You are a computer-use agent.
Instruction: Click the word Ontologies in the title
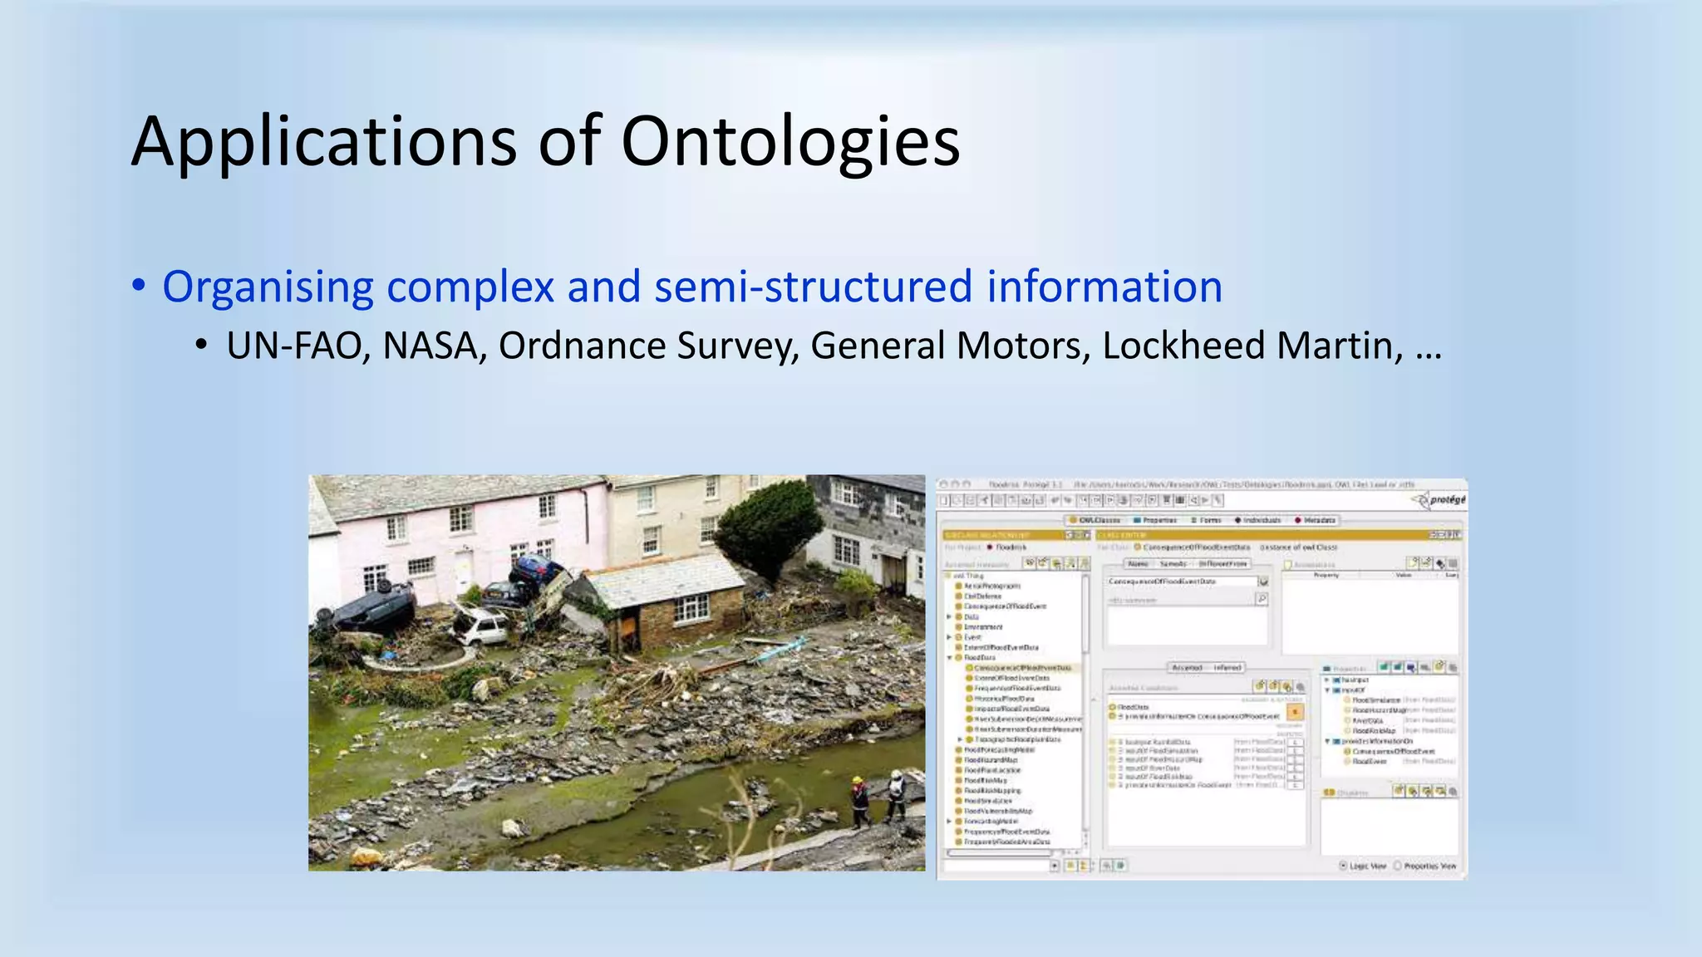tap(790, 141)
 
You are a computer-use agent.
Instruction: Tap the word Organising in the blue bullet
tap(268, 287)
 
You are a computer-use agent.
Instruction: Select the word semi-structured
tap(813, 287)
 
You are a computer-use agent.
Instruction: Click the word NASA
tap(434, 346)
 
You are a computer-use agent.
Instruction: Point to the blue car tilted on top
tap(539, 571)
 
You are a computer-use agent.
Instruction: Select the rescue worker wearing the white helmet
tap(896, 793)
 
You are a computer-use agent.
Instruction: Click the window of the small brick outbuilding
tap(691, 609)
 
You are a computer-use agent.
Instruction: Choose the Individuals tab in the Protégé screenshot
tap(1257, 520)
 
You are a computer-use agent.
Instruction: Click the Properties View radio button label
tap(1429, 866)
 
